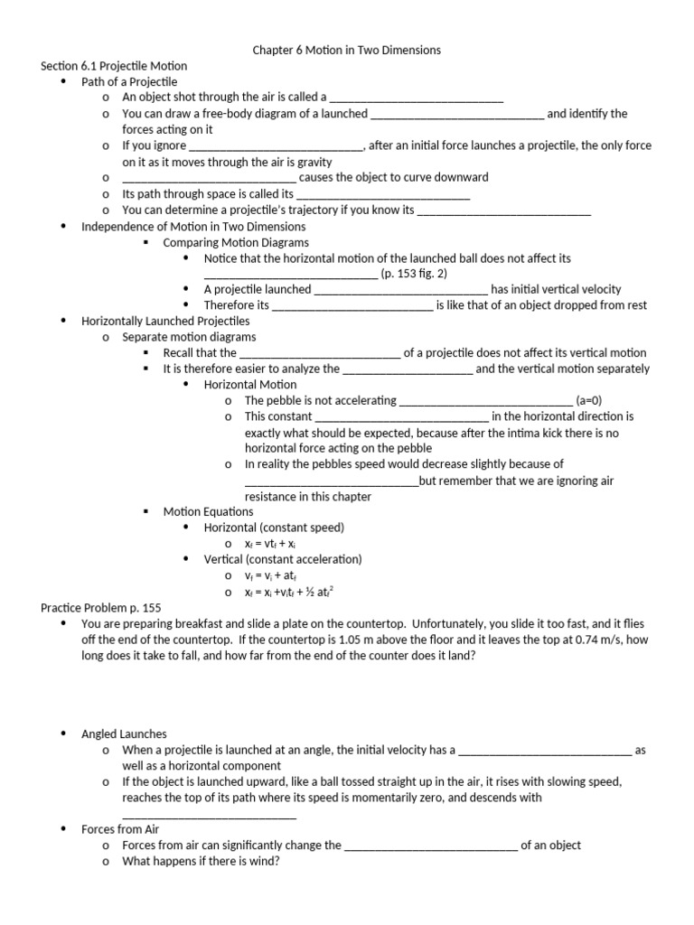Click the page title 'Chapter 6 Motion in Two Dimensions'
point(346,50)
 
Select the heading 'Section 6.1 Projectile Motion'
point(114,66)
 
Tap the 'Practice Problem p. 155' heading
point(101,607)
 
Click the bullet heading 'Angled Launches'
point(124,733)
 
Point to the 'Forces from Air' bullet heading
point(120,829)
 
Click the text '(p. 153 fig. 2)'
point(414,274)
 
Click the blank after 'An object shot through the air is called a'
point(417,98)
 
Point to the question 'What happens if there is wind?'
point(201,861)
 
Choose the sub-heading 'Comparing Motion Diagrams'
point(235,242)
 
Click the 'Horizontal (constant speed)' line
point(274,528)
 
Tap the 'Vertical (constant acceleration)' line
point(282,559)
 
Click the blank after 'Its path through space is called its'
point(383,194)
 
